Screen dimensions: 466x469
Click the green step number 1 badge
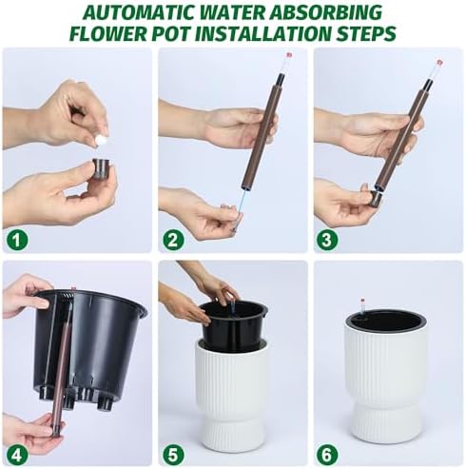17,241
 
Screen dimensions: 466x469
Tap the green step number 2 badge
173,241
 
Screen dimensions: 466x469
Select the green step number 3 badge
327,241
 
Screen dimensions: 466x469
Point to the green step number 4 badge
17,455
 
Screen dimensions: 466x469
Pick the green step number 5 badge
173,455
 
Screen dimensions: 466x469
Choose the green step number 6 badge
327,455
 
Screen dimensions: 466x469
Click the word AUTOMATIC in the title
140,13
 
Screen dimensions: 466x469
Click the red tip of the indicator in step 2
288,55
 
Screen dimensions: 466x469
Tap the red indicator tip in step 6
362,300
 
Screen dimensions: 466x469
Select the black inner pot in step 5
233,325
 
